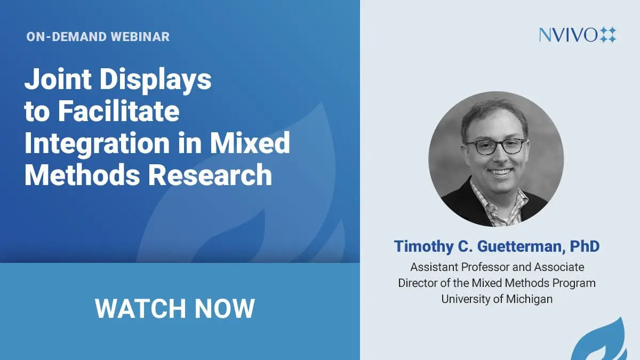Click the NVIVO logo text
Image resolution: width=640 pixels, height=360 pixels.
(x=568, y=35)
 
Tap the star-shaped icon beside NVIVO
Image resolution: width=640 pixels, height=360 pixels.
(x=607, y=35)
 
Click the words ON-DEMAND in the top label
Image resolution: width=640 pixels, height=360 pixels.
(x=67, y=37)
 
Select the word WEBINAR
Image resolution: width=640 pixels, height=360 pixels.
(x=140, y=37)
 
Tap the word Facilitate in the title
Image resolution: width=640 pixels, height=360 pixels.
(x=119, y=111)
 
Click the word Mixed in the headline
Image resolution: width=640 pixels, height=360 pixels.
(x=250, y=142)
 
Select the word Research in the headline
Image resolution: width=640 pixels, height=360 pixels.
(x=210, y=174)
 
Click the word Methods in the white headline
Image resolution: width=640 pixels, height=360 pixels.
(x=82, y=174)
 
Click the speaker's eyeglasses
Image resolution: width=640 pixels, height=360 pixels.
(x=497, y=146)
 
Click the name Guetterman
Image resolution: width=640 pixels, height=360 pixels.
(x=521, y=246)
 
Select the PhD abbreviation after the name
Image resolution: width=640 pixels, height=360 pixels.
(x=585, y=246)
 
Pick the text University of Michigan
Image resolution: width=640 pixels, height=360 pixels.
(x=497, y=299)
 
